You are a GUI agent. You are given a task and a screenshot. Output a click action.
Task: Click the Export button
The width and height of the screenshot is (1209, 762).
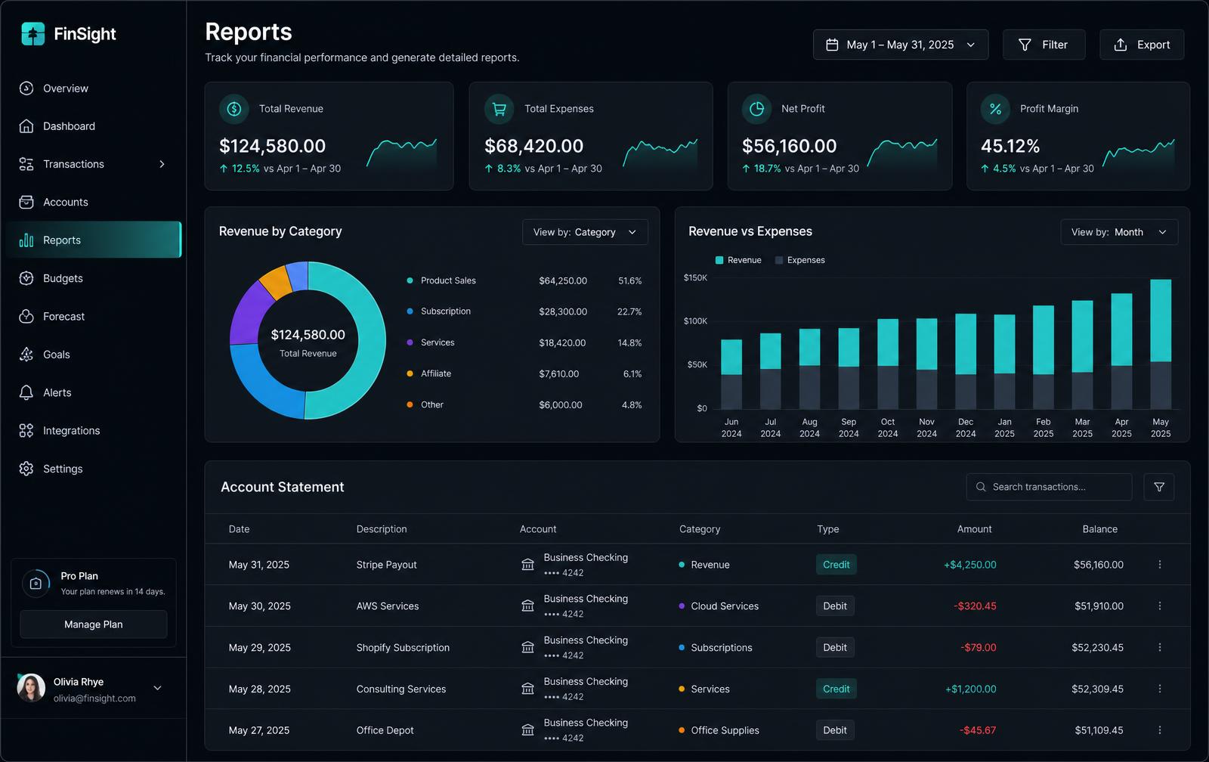coord(1142,45)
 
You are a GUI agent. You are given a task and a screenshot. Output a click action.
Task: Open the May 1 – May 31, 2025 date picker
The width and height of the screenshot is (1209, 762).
coord(900,45)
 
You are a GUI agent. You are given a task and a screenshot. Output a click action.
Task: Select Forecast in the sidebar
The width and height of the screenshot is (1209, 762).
coord(63,317)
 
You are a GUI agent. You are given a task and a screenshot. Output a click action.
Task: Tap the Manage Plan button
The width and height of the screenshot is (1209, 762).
coord(94,624)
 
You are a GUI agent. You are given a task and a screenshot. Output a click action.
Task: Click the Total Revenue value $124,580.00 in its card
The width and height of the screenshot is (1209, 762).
coord(272,146)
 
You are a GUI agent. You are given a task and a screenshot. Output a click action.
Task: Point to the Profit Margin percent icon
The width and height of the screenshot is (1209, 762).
coord(995,109)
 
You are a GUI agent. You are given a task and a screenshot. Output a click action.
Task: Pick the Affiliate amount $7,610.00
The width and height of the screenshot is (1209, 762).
coord(558,373)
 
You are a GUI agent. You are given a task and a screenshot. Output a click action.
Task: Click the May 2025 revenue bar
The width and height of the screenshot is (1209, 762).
coord(1161,321)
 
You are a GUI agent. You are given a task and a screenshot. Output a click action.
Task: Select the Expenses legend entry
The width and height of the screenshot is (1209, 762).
coord(800,260)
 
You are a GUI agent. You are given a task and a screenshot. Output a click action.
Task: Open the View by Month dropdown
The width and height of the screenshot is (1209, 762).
coord(1119,232)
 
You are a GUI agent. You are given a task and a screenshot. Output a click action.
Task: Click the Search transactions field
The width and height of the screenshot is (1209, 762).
coord(1049,487)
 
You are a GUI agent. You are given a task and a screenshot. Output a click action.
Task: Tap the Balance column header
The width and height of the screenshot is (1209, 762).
coord(1099,529)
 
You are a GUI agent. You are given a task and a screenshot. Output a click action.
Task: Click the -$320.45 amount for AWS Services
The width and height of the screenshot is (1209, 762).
coord(975,606)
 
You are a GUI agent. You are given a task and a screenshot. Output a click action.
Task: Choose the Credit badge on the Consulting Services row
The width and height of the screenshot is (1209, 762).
coord(836,689)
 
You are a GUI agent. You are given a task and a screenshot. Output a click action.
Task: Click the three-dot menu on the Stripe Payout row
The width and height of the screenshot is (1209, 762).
coord(1159,565)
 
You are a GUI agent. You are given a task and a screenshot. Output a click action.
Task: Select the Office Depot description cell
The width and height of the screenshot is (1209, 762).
coord(385,730)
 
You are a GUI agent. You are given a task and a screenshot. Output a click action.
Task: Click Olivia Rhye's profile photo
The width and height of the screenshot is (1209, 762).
coord(31,688)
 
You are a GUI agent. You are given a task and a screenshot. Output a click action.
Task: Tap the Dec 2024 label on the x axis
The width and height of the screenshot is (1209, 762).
coord(965,428)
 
